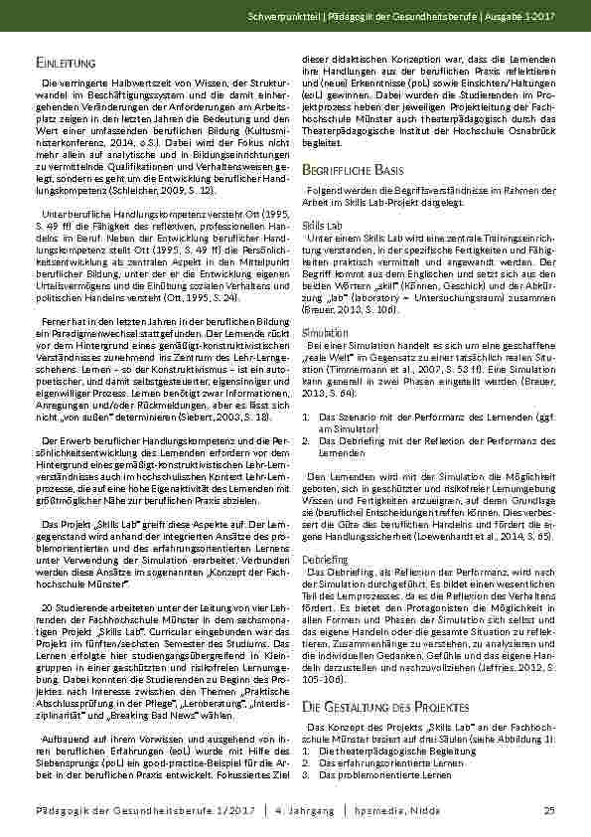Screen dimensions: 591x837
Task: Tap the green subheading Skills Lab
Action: click(319, 227)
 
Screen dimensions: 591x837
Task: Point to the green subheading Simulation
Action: click(320, 331)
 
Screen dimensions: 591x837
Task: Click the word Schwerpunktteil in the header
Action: click(310, 18)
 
